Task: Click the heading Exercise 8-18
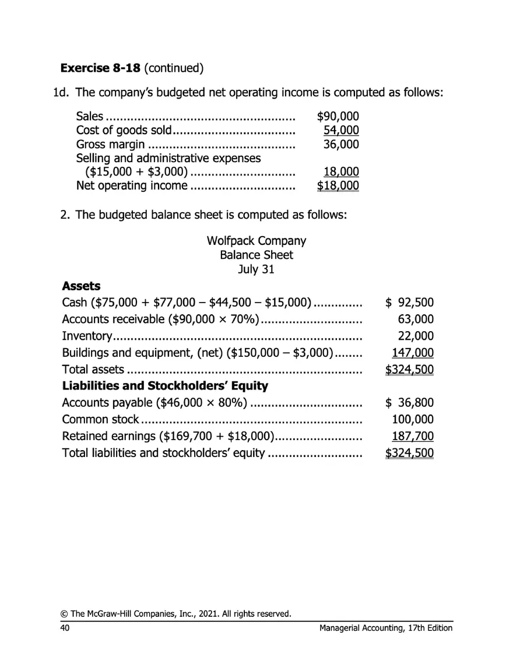coord(100,68)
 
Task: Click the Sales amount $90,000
coord(338,116)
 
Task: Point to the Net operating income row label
coord(132,186)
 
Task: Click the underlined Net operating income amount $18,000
coord(338,186)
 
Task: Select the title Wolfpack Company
coord(256,241)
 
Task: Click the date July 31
coord(256,269)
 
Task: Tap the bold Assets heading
coord(81,286)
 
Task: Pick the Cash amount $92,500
coord(410,303)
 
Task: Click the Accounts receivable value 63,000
coord(415,319)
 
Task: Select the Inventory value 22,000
coord(415,336)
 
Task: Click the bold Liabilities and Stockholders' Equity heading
coord(165,386)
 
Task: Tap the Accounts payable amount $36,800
coord(410,403)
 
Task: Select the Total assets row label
coord(93,370)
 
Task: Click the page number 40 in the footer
coord(65,628)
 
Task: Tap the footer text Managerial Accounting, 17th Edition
coord(386,628)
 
